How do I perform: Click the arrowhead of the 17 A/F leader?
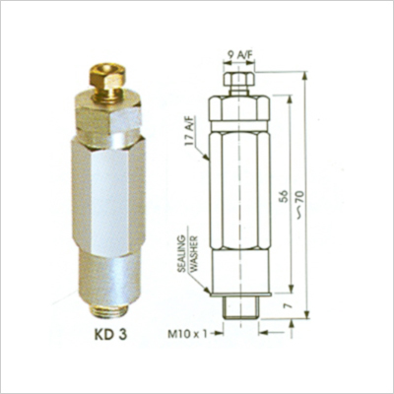click(207, 159)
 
